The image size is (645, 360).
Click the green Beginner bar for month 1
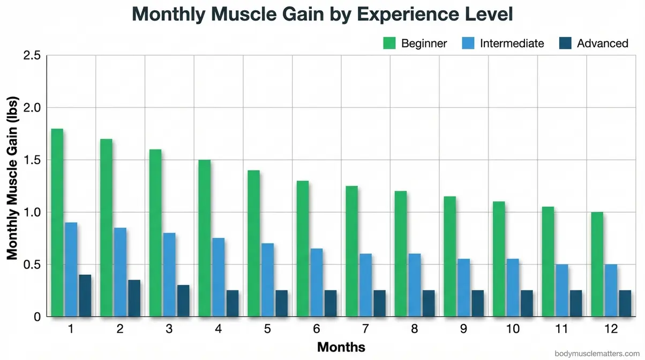tap(57, 223)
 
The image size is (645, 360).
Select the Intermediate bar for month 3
tap(169, 275)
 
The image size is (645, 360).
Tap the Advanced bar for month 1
tap(85, 296)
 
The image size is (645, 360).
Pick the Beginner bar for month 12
tap(597, 265)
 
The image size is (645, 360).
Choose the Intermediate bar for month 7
tap(365, 285)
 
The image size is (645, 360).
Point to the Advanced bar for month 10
tap(527, 303)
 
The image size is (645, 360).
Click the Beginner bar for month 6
tap(303, 249)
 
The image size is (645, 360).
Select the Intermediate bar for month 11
tap(561, 290)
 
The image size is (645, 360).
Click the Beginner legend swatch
tap(388, 43)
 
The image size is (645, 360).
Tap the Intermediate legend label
tap(512, 43)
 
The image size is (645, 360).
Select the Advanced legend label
tap(602, 43)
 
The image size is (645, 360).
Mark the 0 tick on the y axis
tap(37, 317)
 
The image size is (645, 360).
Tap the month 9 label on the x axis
tap(463, 329)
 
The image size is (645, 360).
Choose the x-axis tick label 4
tap(218, 329)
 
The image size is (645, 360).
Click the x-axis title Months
tap(341, 347)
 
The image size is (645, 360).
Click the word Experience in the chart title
tap(394, 14)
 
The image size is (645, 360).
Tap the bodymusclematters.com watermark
tap(598, 353)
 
